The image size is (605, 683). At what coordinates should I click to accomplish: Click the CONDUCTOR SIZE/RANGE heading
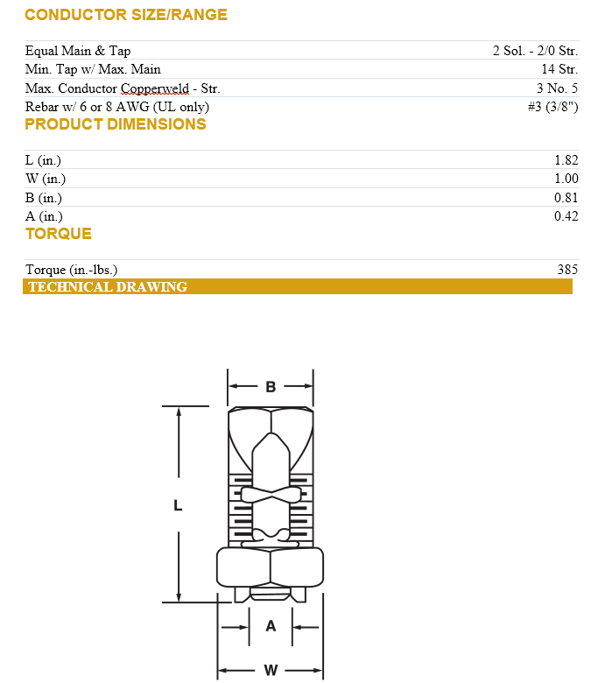tap(125, 15)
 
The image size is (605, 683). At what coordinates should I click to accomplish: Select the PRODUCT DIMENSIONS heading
tap(115, 124)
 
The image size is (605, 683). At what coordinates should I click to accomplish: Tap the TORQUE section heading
tap(58, 234)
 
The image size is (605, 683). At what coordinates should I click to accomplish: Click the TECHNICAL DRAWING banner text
tap(108, 287)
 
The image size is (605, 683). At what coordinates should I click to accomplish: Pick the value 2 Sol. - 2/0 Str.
tap(535, 51)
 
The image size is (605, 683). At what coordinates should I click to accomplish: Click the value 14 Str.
tap(559, 69)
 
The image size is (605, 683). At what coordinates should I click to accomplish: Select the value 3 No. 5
tap(557, 88)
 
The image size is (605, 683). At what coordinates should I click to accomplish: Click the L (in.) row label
tap(43, 160)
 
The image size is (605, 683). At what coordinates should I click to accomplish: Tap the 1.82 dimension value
tap(566, 160)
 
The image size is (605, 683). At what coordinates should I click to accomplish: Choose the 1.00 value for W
tap(566, 179)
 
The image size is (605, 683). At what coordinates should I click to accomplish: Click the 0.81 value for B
tap(566, 198)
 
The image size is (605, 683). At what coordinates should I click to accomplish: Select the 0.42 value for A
tap(566, 216)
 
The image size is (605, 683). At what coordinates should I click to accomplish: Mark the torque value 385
tap(566, 270)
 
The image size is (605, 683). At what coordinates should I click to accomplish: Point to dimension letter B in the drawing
tap(271, 386)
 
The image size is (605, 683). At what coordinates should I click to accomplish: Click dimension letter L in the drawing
tap(178, 505)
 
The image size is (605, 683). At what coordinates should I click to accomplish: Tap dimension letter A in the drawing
tap(271, 626)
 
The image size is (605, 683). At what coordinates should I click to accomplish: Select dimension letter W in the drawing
tap(271, 670)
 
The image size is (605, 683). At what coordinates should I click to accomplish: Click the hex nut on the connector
tap(270, 567)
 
